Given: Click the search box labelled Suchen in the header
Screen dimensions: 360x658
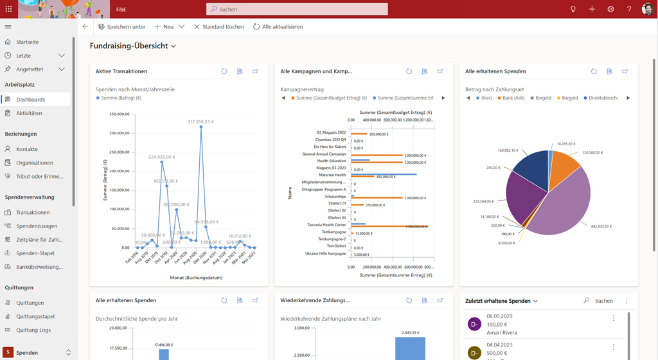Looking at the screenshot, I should (x=297, y=10).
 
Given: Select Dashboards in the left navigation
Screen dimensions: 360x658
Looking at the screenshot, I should (x=30, y=100).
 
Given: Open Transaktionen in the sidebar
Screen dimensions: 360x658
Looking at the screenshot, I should (x=33, y=212).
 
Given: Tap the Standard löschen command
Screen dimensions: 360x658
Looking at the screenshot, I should (x=218, y=27).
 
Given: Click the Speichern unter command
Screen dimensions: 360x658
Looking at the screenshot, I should (x=122, y=27).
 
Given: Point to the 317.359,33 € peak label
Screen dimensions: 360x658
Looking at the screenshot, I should (x=200, y=122).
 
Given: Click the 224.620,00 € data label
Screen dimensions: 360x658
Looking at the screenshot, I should (x=163, y=157).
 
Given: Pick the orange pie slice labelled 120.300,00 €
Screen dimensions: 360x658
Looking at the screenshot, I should (x=564, y=168).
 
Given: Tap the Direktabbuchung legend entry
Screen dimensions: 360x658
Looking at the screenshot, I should (x=603, y=98).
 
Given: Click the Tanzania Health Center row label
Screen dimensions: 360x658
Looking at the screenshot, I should (x=326, y=225).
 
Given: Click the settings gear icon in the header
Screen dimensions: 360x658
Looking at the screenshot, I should (x=610, y=10).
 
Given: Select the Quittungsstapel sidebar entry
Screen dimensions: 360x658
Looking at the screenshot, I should (x=35, y=316).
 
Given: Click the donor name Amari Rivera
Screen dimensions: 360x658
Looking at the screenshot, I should (x=502, y=332).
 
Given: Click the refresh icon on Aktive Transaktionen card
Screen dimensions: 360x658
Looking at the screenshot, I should (x=224, y=71).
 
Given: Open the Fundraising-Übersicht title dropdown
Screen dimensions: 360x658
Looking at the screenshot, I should (x=173, y=46).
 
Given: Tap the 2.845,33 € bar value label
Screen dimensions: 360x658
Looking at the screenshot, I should (x=409, y=333).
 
